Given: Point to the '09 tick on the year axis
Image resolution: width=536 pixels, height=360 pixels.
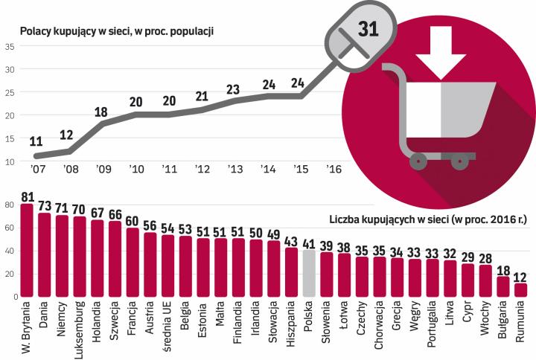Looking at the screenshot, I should [x=102, y=170].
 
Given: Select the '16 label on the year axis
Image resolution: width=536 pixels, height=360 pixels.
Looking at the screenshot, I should [x=334, y=170].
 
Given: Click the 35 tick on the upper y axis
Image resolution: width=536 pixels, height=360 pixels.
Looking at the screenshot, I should [x=10, y=47].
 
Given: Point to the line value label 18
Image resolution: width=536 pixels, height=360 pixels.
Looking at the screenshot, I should [x=102, y=112].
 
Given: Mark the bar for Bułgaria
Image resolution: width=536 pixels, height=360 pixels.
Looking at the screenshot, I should [x=502, y=286].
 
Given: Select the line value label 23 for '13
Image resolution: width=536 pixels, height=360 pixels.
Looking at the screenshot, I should [x=233, y=89].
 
